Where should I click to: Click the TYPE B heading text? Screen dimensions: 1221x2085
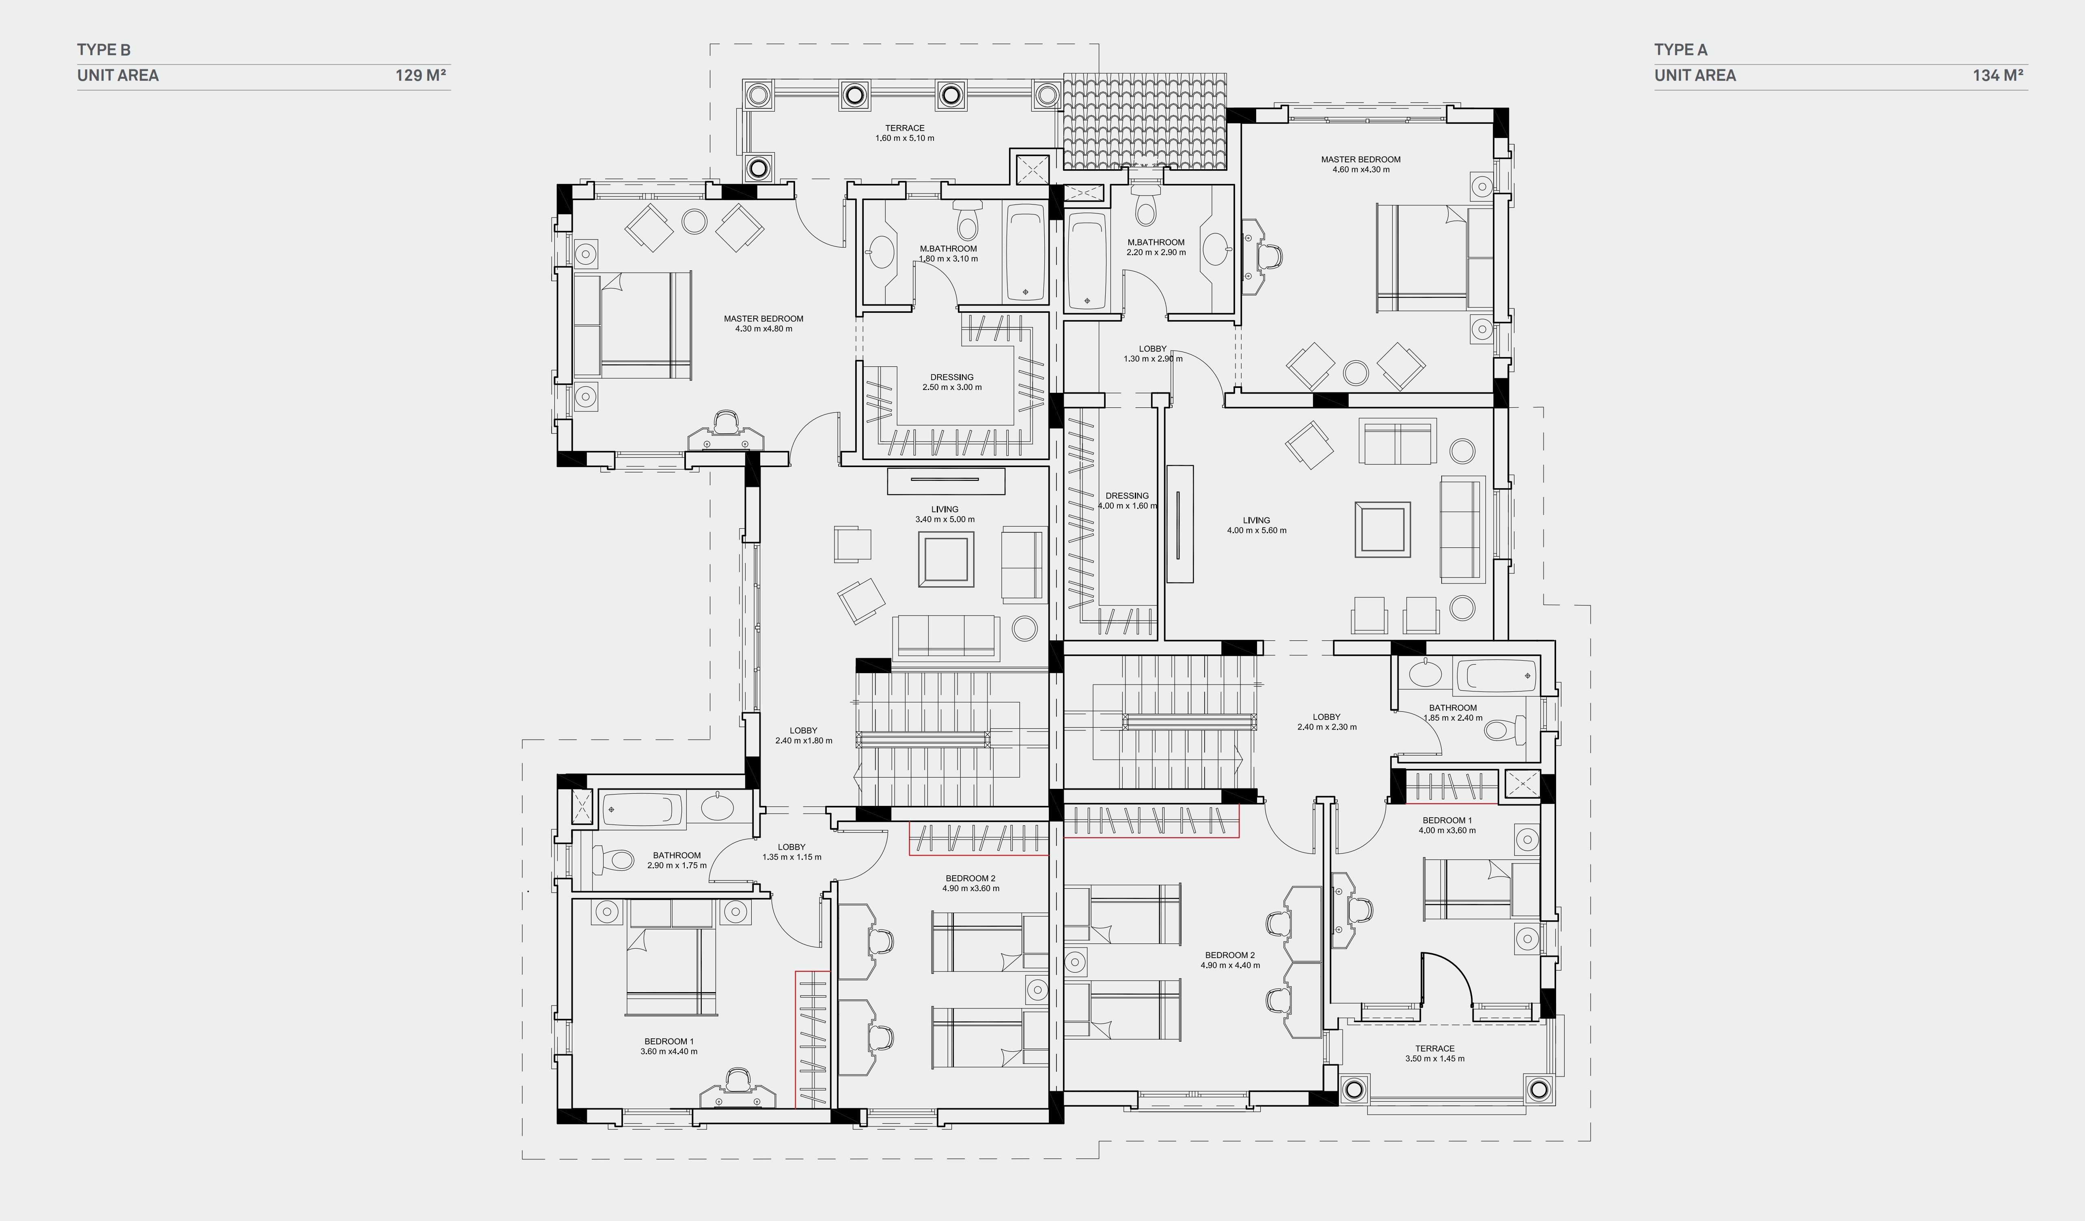[x=103, y=50]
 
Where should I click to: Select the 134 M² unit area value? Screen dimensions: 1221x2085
[x=1997, y=75]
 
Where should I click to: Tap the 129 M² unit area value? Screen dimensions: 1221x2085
[x=420, y=75]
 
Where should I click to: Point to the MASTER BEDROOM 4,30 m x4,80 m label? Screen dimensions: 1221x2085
[x=763, y=323]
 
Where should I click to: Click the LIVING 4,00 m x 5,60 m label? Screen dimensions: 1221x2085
[x=1256, y=525]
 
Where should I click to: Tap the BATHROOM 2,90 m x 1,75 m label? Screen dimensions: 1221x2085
[x=677, y=860]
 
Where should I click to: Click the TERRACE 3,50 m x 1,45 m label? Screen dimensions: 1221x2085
[x=1434, y=1053]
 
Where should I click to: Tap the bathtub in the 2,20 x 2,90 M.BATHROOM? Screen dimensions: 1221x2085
[x=1087, y=261]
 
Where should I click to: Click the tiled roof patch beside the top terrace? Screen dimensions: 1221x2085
[x=1144, y=120]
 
